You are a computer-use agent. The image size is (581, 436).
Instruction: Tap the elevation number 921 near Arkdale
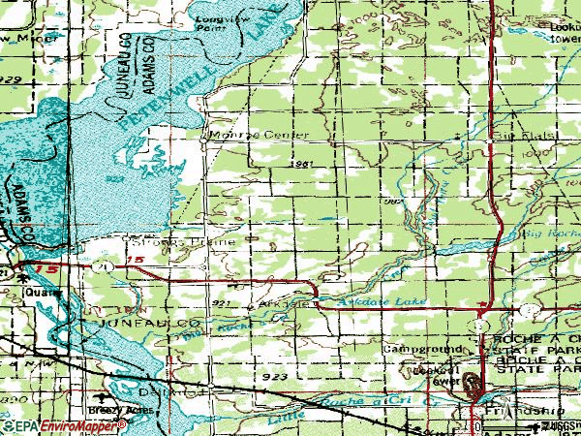(221, 304)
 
